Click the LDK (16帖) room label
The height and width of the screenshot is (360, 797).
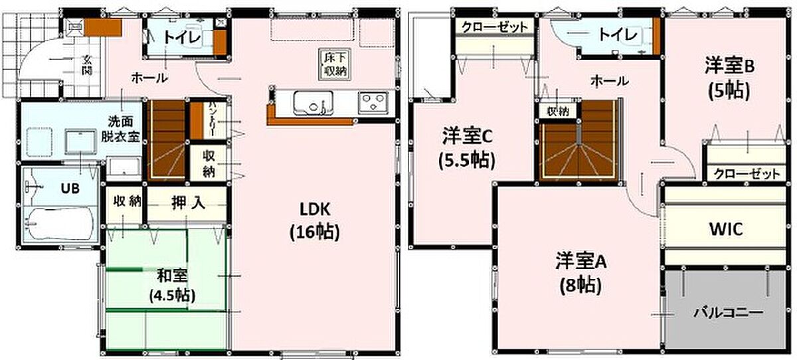(315, 221)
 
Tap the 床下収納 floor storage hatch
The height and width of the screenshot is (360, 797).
(334, 64)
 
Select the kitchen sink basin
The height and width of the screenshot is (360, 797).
(313, 103)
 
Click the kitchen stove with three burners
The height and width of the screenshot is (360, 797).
(373, 102)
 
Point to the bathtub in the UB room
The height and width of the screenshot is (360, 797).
(59, 225)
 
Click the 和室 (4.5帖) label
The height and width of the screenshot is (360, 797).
(172, 286)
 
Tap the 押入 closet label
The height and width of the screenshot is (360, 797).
(188, 203)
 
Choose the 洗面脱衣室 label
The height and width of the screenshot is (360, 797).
(120, 129)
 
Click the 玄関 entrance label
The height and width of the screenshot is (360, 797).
(87, 65)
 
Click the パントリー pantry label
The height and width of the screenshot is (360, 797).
(210, 120)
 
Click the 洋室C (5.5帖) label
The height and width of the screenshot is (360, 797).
(467, 148)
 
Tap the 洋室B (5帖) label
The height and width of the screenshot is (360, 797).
(729, 79)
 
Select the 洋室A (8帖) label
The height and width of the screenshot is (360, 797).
(581, 274)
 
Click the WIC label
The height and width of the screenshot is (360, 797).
(726, 229)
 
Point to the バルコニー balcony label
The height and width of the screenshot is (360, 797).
(728, 312)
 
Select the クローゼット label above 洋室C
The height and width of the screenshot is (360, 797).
(495, 27)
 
